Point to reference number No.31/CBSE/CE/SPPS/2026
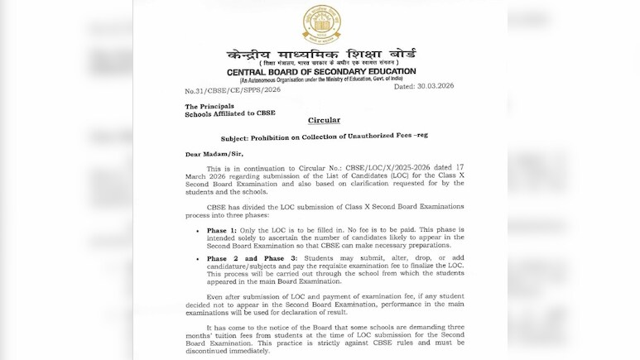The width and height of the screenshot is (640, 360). pyautogui.click(x=227, y=90)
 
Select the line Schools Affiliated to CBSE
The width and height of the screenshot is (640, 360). pyautogui.click(x=230, y=113)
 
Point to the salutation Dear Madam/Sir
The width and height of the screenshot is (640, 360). pyautogui.click(x=209, y=153)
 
